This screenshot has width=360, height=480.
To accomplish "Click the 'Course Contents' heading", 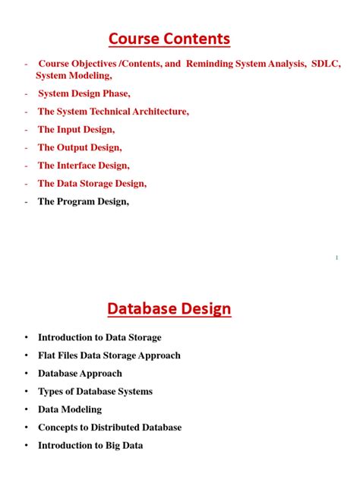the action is tap(169, 38).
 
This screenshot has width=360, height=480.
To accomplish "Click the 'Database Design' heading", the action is tap(169, 308).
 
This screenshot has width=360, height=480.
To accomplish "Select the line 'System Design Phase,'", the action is tap(84, 93).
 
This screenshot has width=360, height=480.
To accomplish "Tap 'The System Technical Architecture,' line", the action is tap(113, 112).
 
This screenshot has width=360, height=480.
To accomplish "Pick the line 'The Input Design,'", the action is tap(76, 129).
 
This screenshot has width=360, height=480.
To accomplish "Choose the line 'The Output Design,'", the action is tap(80, 147).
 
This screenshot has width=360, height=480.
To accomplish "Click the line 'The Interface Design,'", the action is tap(84, 165).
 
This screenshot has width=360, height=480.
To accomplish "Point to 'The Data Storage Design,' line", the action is tap(92, 183).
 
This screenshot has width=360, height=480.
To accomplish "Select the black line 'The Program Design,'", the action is tap(84, 201).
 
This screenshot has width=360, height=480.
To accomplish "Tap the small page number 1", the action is tap(336, 258).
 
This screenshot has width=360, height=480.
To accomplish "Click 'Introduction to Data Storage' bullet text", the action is tap(99, 337).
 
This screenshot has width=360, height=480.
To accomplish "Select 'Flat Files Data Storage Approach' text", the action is tap(109, 355).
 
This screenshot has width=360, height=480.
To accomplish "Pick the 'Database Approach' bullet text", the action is tap(80, 374).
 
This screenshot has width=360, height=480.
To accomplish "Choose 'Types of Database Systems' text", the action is tap(95, 391).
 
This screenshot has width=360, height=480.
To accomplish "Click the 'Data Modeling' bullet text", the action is tap(70, 409).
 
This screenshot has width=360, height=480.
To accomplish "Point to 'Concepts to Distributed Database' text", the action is tap(109, 428).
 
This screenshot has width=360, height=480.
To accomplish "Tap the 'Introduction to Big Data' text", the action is tap(90, 446).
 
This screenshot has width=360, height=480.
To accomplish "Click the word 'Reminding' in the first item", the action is tap(211, 64).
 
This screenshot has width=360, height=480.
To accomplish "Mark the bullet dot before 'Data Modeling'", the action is tap(26, 409).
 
